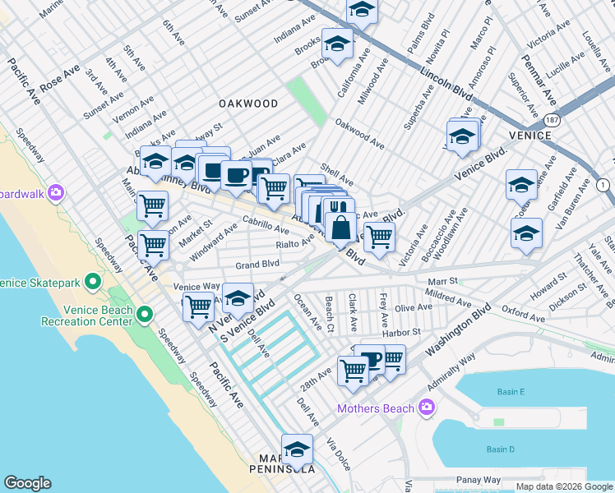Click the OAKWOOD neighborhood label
pos(247,104)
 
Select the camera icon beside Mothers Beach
pos(427,407)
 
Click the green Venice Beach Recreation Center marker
pos(145,315)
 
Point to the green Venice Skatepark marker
pos(93,283)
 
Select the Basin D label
pos(499,449)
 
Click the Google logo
pos(27,483)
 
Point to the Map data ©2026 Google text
pos(564,486)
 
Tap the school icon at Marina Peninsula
pos(297,449)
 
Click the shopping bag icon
pos(340,226)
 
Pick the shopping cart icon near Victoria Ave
pos(379,237)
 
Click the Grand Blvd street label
pos(257,265)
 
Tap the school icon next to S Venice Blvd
pos(238,298)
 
